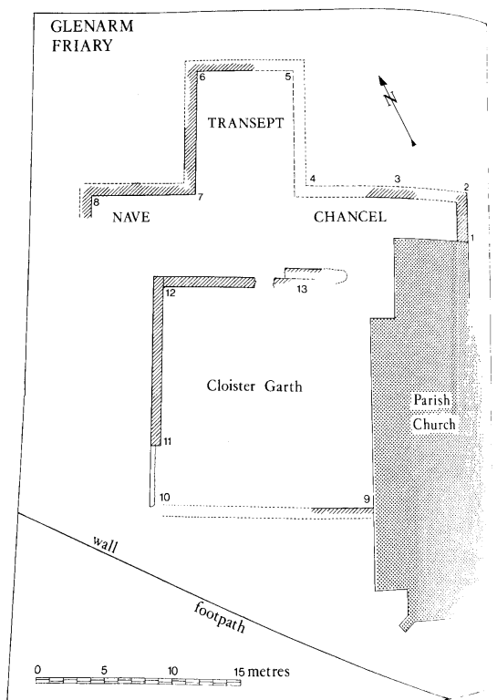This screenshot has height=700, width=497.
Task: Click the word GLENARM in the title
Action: point(92,26)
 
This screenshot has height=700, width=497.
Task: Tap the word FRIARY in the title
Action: point(82,46)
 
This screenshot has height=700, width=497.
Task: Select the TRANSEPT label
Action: point(245,123)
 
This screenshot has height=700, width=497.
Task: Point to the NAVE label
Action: point(130,217)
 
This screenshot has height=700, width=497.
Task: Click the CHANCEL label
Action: point(349,217)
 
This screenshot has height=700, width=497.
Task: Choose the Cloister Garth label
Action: point(254,386)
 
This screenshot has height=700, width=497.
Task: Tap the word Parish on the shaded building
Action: point(431,399)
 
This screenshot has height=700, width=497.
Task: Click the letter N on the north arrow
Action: point(391,98)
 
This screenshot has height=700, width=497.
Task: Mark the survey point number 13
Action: point(302,289)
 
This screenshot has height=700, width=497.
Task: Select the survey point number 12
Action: point(171,293)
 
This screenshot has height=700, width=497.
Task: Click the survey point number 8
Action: point(96,202)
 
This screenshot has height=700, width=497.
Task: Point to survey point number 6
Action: point(202,77)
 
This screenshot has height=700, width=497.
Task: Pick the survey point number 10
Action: point(164,497)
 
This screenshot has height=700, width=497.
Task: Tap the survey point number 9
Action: point(367,499)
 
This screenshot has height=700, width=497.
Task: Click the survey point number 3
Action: point(398,179)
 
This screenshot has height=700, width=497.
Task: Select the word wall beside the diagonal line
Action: point(106,544)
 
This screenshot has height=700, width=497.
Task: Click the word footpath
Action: point(219,617)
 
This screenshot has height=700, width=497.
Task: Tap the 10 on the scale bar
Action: point(173,671)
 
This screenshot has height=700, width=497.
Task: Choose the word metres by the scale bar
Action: point(268,672)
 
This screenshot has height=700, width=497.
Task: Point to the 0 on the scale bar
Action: point(38,670)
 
